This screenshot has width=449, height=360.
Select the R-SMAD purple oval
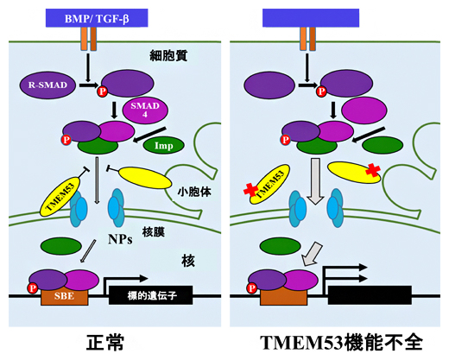coord(43,85)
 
